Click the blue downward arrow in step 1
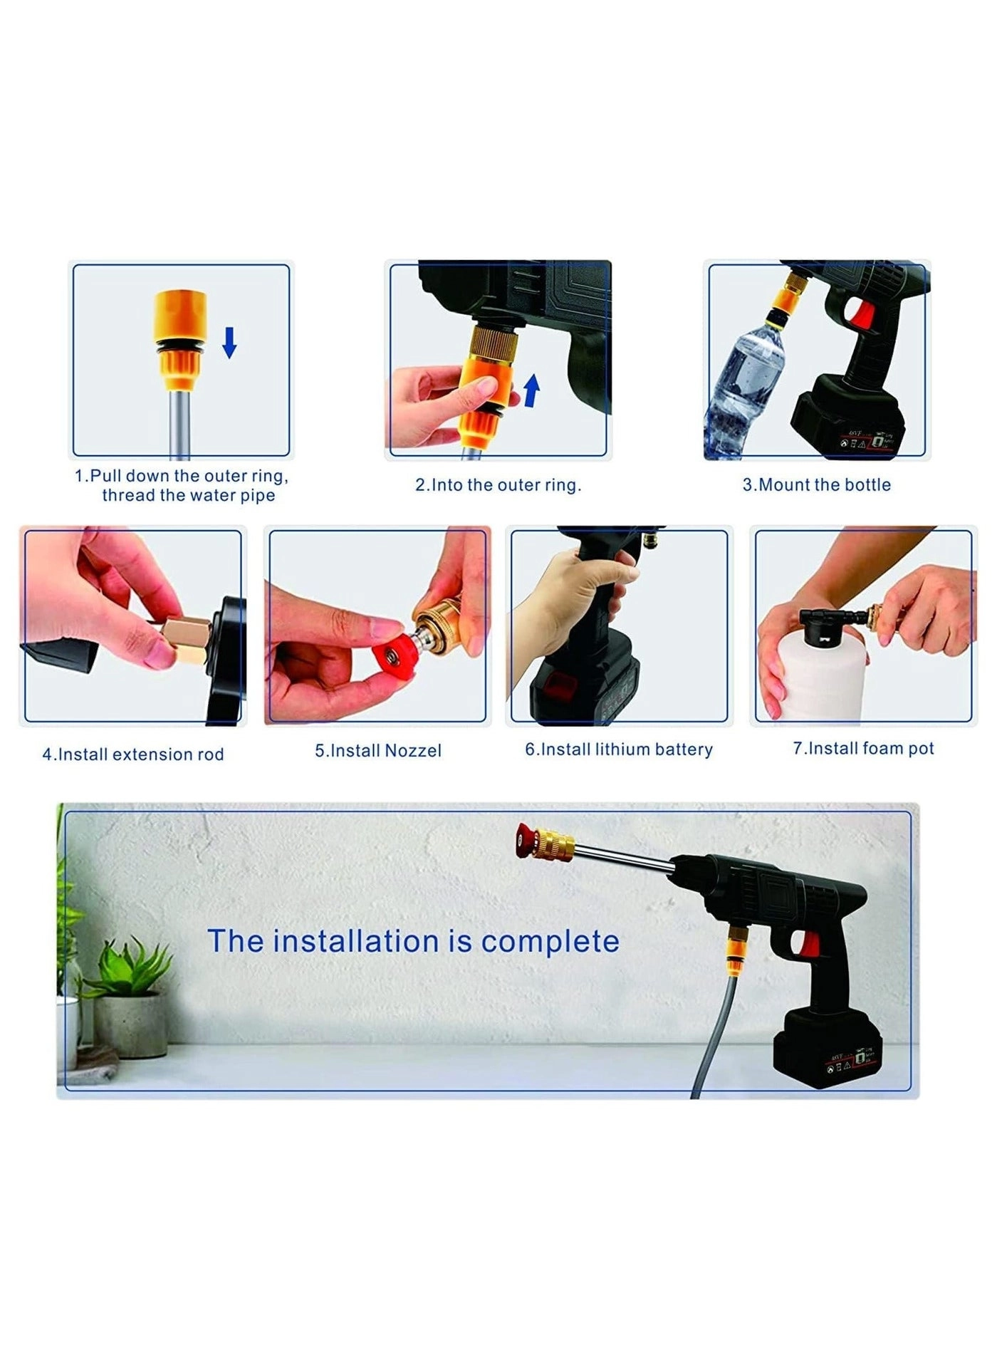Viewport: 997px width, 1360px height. click(229, 342)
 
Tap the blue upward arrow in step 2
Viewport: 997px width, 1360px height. click(531, 391)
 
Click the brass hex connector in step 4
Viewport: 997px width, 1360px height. click(187, 637)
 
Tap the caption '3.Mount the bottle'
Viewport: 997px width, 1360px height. click(817, 484)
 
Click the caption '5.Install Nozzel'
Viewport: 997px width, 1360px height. click(378, 750)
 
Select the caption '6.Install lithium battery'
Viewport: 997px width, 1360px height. click(619, 749)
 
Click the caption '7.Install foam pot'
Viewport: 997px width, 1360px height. click(863, 748)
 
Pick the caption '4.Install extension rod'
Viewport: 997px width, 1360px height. click(133, 754)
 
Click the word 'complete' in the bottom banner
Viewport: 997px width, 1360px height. click(550, 942)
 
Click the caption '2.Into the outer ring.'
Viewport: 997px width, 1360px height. click(498, 484)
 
